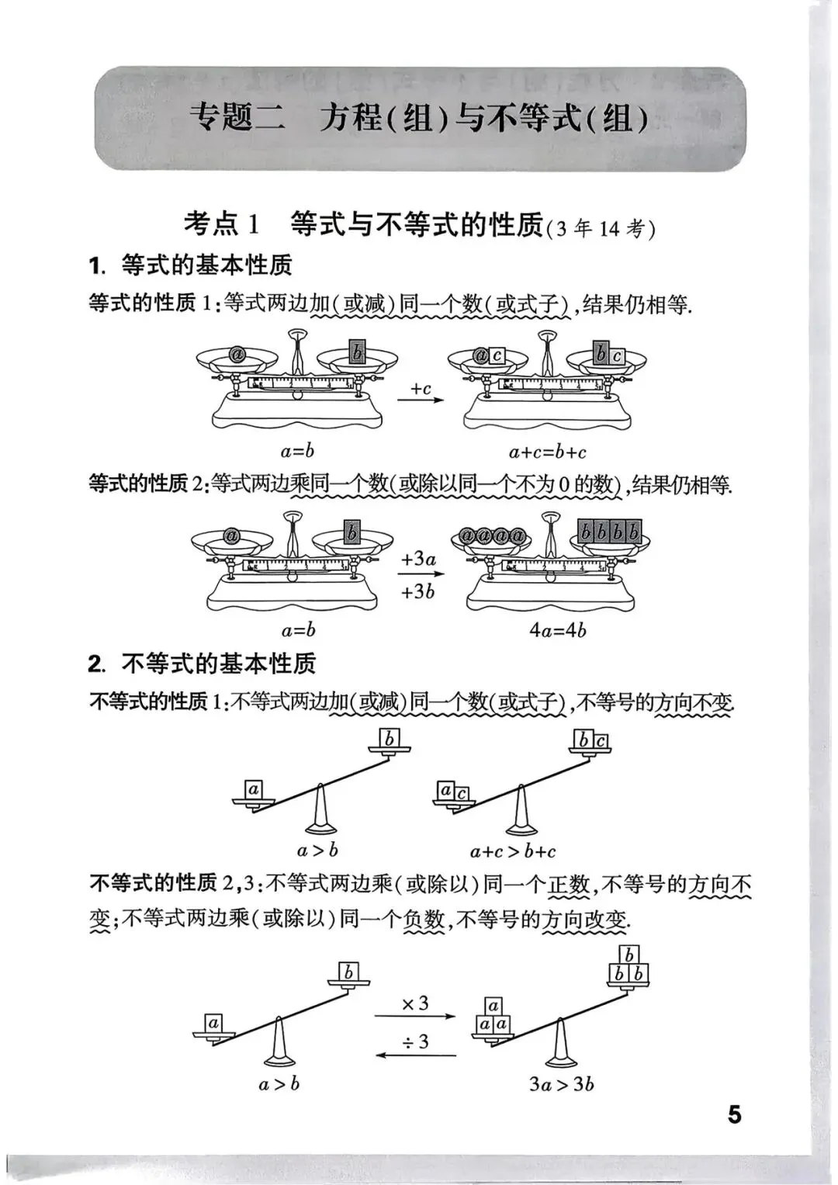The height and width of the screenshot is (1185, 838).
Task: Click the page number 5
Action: (x=734, y=1114)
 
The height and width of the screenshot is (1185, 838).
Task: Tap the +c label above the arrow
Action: (x=421, y=388)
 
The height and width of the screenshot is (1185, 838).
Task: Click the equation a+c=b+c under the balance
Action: (x=548, y=452)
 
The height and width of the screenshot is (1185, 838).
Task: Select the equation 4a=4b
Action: (x=557, y=629)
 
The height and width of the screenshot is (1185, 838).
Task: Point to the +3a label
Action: (x=419, y=559)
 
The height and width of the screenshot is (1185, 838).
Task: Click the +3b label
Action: (x=418, y=591)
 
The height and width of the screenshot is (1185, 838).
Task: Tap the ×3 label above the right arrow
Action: (x=415, y=1003)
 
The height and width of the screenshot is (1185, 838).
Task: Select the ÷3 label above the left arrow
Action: (x=415, y=1041)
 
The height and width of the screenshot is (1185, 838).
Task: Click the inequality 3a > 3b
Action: (x=562, y=1083)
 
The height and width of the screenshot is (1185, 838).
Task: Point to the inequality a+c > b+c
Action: (x=513, y=851)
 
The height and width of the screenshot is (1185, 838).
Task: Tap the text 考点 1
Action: (x=220, y=224)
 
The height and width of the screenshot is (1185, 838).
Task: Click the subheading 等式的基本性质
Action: (x=206, y=265)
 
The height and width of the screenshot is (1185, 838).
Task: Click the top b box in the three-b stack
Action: (x=629, y=955)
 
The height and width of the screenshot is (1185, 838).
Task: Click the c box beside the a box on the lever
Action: (x=461, y=794)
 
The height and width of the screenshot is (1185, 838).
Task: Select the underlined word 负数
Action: (x=424, y=920)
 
